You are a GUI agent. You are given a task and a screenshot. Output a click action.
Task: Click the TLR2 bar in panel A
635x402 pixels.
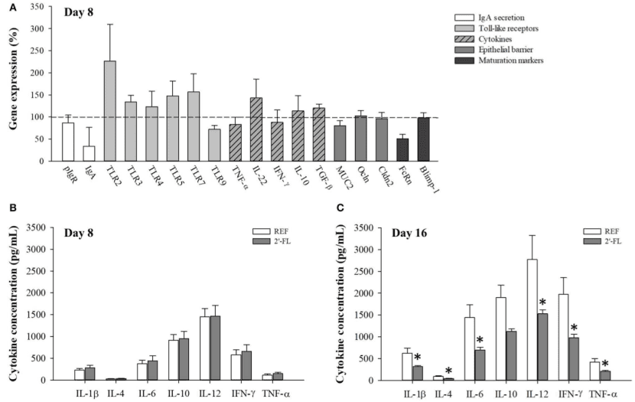tap(110, 111)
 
